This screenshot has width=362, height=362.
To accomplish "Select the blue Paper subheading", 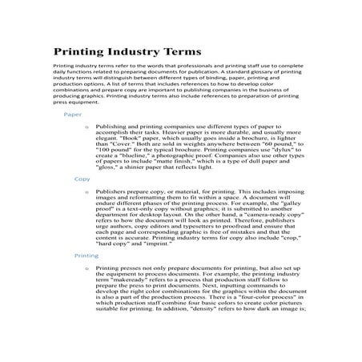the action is point(72,115).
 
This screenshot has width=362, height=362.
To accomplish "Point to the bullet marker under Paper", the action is point(85,127).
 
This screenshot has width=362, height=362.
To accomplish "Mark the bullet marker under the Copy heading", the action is point(85,191).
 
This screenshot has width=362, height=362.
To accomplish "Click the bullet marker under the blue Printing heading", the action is point(85,268).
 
